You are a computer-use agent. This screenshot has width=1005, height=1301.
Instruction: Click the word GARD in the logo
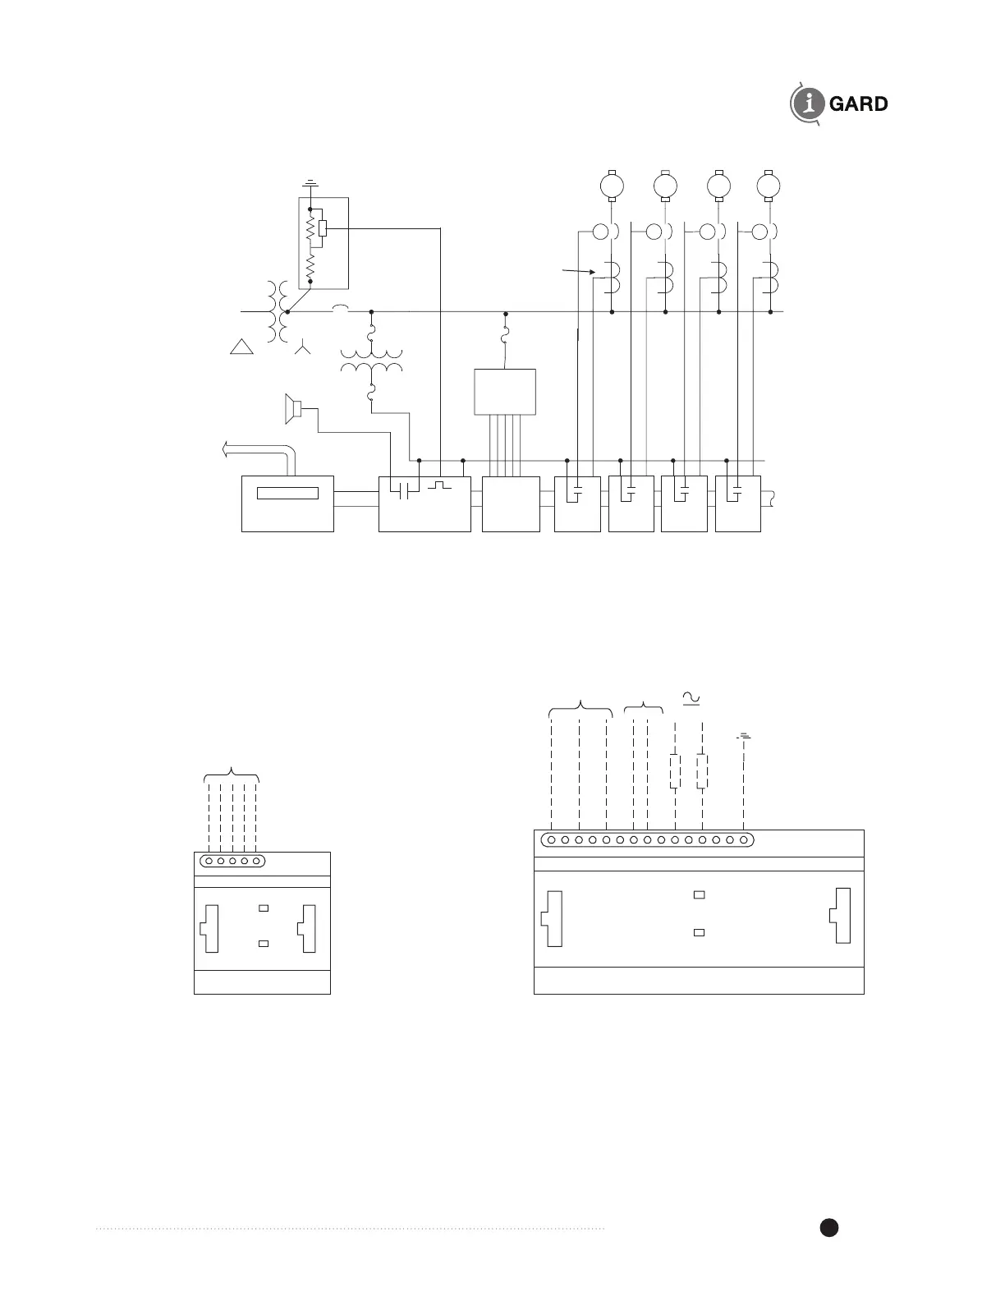point(858,104)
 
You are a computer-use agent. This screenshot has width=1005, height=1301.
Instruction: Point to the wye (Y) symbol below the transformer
point(304,349)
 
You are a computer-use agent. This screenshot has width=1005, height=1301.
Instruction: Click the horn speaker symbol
point(292,409)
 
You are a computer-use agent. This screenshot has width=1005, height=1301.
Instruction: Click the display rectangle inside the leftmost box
point(287,494)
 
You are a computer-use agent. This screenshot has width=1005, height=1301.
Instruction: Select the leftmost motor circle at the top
point(612,186)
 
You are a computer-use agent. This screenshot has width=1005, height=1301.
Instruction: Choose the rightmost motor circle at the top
point(769,186)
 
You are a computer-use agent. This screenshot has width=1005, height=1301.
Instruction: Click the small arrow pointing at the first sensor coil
point(578,270)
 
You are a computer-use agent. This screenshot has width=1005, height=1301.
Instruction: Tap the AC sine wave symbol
point(691,697)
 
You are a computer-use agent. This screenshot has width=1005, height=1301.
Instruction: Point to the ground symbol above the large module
point(744,736)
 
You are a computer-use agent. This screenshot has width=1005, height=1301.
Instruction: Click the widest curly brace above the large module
point(581,707)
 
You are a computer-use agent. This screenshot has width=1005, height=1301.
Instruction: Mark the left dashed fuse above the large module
point(675,771)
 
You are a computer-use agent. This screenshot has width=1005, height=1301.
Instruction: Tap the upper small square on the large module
point(699,894)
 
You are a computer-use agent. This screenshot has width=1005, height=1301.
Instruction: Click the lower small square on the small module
point(264,945)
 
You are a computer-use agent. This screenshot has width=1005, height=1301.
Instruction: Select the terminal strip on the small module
point(232,861)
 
